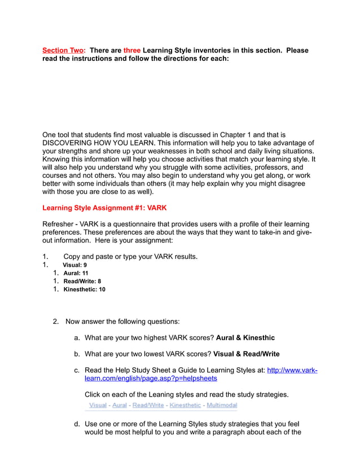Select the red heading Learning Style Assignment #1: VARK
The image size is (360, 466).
(104, 208)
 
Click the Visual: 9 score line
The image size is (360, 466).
(74, 265)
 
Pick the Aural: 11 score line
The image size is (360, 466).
(76, 273)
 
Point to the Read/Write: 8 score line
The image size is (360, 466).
(82, 281)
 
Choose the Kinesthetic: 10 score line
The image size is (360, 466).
(84, 289)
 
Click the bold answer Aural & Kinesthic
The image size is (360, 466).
(245, 337)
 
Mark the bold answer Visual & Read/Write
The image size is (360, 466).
(246, 354)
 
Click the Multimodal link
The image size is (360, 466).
(222, 405)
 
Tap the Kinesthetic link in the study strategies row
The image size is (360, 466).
(185, 405)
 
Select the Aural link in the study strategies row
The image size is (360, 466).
(120, 405)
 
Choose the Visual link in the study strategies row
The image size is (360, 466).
(98, 405)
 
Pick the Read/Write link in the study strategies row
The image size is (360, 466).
(148, 405)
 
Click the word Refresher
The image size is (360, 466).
(62, 224)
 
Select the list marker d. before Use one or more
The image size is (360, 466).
(77, 424)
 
